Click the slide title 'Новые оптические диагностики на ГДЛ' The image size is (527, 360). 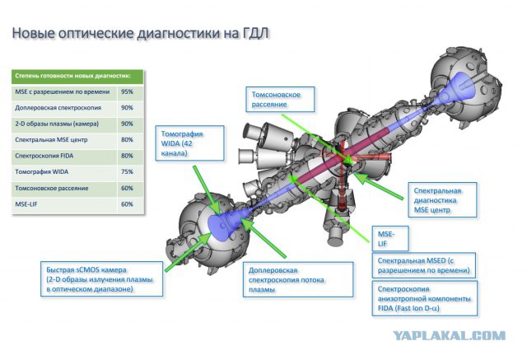tap(141, 34)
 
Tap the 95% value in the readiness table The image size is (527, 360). tap(127, 91)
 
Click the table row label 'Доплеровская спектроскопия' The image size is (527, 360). tap(58, 108)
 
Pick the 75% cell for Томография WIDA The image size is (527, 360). tap(127, 172)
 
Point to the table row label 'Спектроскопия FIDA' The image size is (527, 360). tap(44, 156)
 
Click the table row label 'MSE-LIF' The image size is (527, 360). tap(26, 204)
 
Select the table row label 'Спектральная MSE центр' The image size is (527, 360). tap(51, 140)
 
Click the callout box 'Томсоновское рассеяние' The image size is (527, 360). tap(280, 100)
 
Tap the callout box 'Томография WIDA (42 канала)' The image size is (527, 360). tap(190, 143)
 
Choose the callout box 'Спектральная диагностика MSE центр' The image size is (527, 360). tap(442, 200)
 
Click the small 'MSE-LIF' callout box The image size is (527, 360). tap(390, 239)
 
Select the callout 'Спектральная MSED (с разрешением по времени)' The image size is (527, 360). tap(424, 265)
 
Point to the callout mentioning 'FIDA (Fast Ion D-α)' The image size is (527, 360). tap(425, 298)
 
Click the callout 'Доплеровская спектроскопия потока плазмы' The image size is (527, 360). tap(298, 279)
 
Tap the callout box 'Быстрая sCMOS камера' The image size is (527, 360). tap(102, 279)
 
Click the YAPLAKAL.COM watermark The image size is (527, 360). tap(450, 335)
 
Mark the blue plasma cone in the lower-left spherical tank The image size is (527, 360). tap(224, 223)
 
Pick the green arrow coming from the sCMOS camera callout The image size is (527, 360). tap(188, 253)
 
